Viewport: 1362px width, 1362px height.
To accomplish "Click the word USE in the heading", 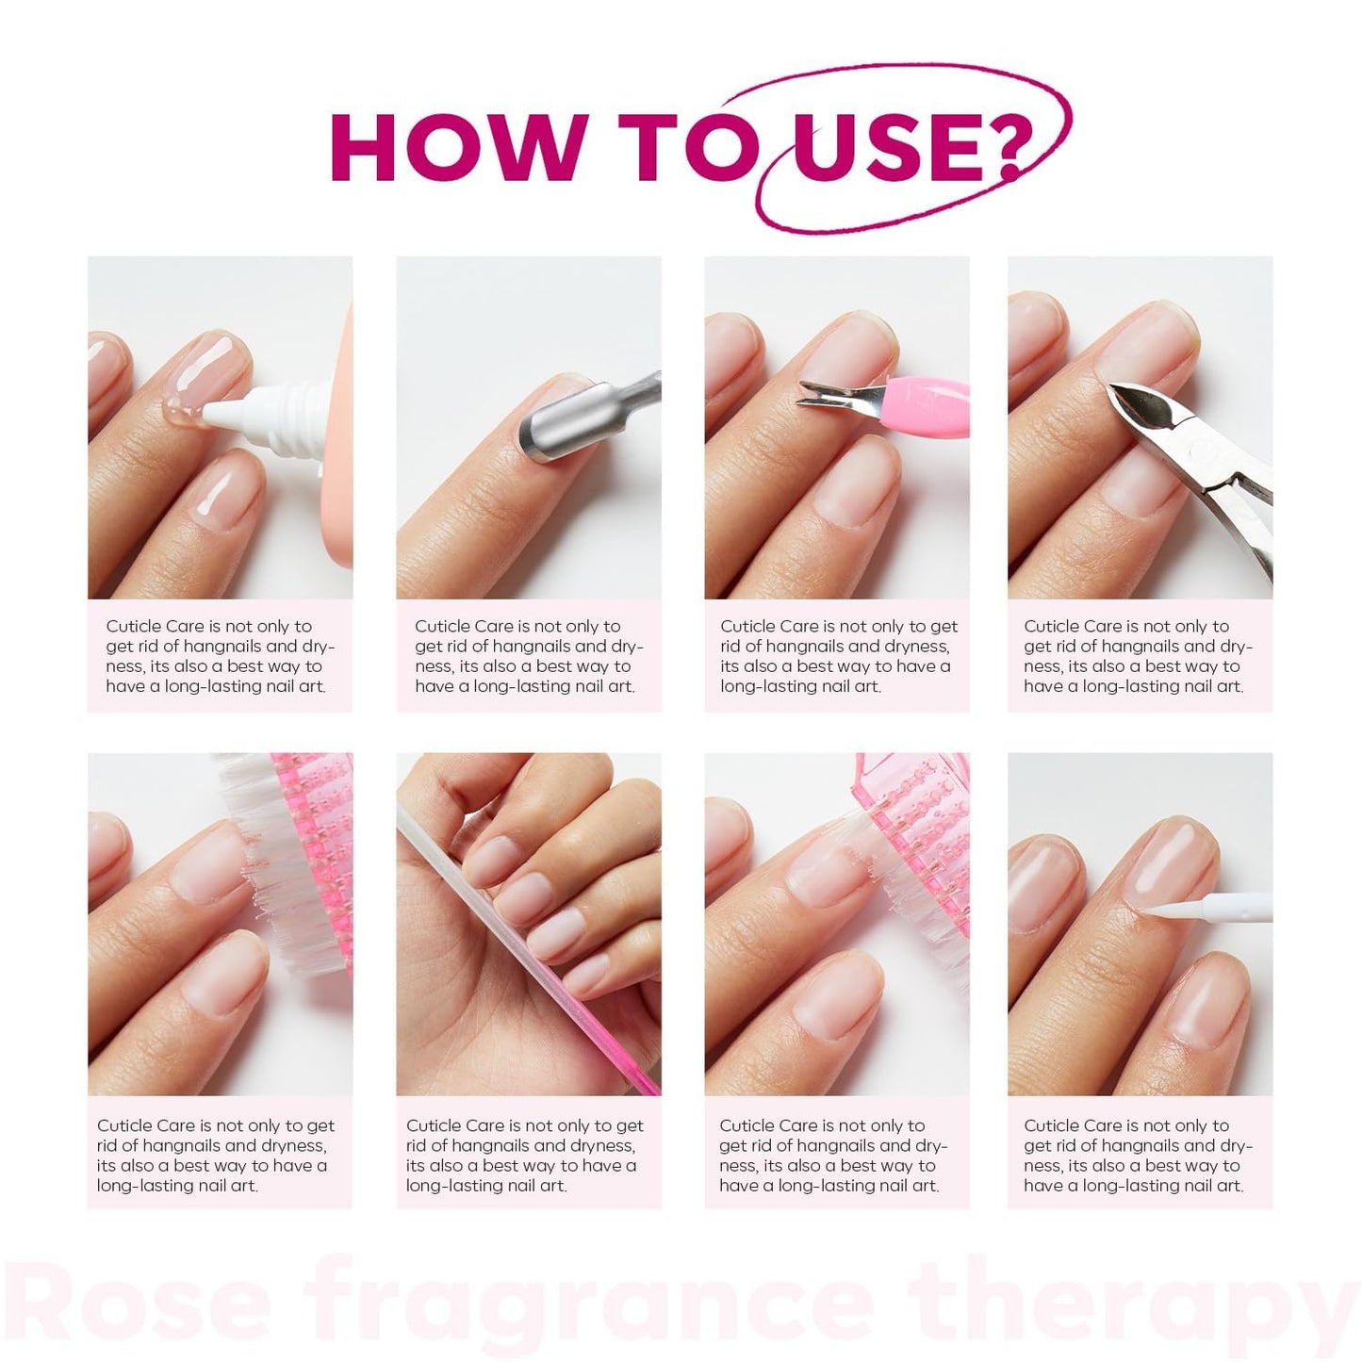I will (x=880, y=147).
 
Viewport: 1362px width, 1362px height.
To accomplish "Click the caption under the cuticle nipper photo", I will (x=1138, y=656).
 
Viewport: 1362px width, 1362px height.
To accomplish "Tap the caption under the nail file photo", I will (x=525, y=1155).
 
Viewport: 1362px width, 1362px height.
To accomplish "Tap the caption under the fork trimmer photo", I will (x=837, y=656).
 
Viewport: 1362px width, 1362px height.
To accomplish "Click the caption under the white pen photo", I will (x=1138, y=1155).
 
